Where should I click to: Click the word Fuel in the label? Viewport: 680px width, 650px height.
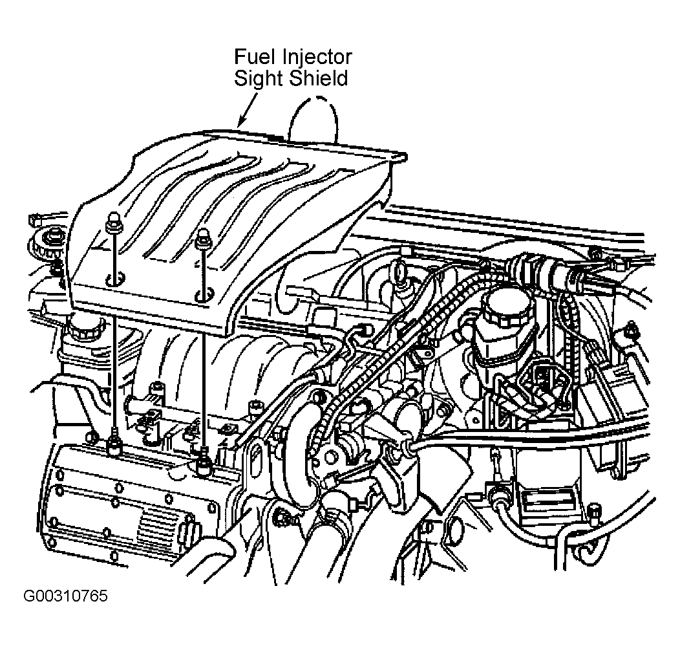pos(255,56)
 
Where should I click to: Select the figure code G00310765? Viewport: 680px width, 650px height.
pos(65,596)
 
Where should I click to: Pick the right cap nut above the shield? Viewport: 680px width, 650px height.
pos(202,238)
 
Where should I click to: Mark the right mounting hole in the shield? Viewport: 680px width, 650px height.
pos(204,294)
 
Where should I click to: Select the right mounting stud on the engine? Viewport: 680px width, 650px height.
pos(203,462)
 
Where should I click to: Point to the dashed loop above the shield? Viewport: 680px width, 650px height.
pos(314,118)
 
